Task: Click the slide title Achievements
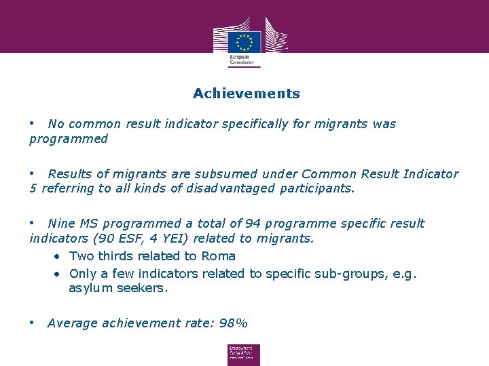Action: [x=246, y=94]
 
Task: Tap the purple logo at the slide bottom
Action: [x=244, y=354]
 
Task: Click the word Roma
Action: [x=218, y=256]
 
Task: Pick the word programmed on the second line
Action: [x=69, y=139]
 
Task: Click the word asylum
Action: [x=88, y=288]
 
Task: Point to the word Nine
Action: [x=61, y=224]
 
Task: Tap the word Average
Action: [x=73, y=323]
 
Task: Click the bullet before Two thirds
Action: [x=59, y=256]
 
